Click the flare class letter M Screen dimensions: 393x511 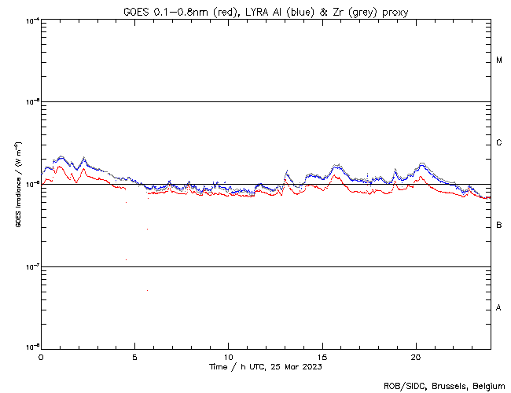[x=499, y=61]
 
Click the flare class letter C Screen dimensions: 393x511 [x=499, y=143]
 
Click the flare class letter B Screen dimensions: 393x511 [x=499, y=226]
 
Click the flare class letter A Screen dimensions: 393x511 [x=499, y=308]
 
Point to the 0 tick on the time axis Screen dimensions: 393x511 [x=41, y=356]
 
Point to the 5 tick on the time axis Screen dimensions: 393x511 [x=134, y=356]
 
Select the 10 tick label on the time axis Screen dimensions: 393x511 [x=229, y=356]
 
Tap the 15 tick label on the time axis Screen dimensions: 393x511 [x=322, y=356]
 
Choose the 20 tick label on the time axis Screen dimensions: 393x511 [x=416, y=356]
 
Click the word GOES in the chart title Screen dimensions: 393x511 [x=135, y=12]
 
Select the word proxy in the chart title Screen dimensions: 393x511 [x=395, y=12]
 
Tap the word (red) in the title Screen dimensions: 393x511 [x=220, y=12]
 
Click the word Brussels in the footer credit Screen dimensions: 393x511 [x=445, y=386]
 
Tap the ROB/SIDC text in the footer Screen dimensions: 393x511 [x=400, y=386]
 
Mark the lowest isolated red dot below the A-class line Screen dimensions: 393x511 [x=147, y=291]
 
